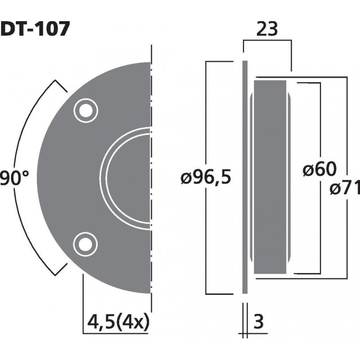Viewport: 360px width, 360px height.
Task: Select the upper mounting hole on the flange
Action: coord(84,109)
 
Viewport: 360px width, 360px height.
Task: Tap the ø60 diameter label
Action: coord(319,170)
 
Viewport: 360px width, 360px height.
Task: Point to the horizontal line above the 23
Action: coord(267,41)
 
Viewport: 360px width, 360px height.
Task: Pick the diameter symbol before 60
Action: coord(308,171)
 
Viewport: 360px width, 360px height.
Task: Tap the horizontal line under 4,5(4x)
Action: coord(117,333)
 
